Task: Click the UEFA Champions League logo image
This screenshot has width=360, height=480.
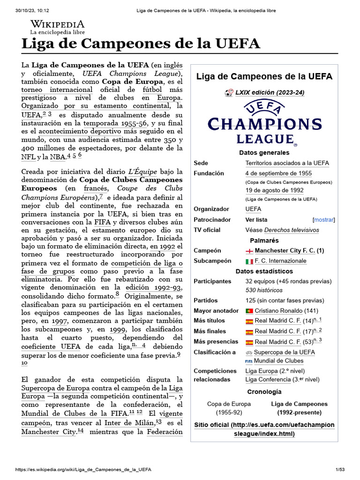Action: (264, 124)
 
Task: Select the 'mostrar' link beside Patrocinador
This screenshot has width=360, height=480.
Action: (324, 219)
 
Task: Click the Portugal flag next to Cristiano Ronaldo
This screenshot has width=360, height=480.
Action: (249, 311)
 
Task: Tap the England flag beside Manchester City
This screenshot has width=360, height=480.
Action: (249, 251)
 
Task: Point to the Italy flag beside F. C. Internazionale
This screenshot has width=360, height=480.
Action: (249, 261)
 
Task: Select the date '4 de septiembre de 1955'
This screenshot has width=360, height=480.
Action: (278, 173)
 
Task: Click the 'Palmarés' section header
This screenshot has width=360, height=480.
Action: (264, 240)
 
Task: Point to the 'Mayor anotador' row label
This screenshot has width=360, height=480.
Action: (216, 311)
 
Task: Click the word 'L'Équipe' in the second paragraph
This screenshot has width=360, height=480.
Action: (143, 172)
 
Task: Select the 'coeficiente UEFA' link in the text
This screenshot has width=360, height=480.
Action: (51, 346)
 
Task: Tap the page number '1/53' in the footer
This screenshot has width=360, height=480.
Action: (339, 469)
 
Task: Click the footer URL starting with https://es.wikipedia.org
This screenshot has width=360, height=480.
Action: (83, 469)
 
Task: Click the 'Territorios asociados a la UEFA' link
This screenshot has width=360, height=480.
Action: (287, 163)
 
